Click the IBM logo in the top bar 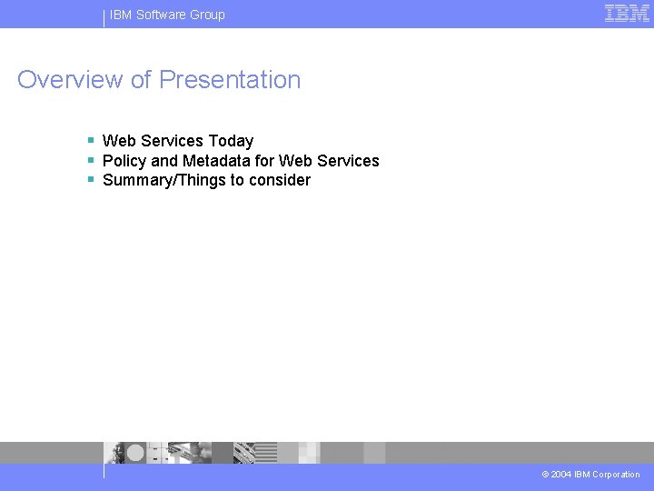[627, 14]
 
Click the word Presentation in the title [230, 80]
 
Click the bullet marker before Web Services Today [91, 140]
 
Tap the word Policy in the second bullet [124, 161]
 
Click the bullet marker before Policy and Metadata [91, 160]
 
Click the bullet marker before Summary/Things [91, 179]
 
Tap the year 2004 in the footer [560, 475]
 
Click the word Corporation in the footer [616, 475]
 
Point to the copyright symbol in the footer [545, 475]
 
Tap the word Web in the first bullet [120, 141]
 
